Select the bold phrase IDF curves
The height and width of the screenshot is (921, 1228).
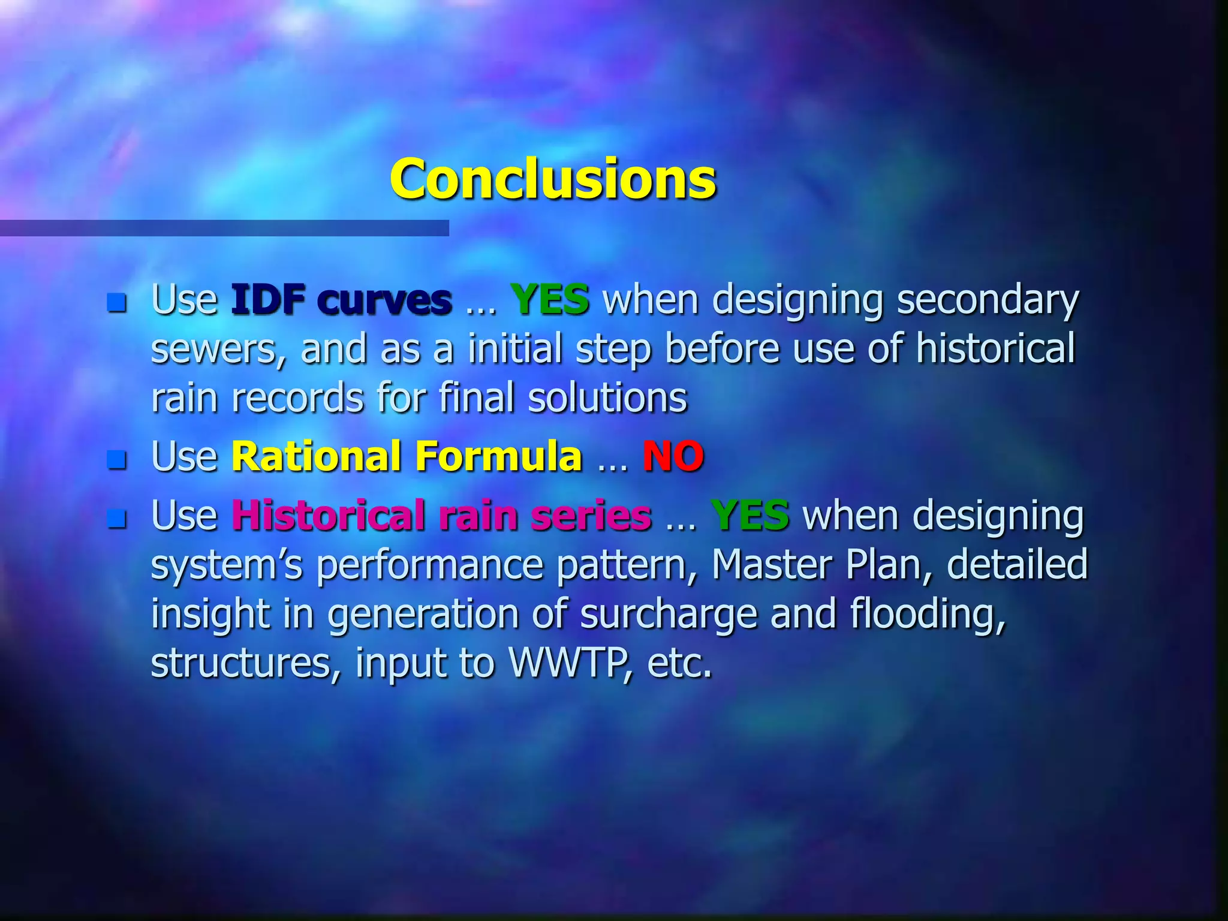coord(341,299)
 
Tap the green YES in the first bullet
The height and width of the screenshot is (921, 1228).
coord(549,299)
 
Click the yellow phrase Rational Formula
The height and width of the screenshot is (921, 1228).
coord(407,456)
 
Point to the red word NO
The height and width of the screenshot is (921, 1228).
coord(673,456)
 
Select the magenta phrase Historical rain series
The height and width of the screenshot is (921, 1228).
coord(441,516)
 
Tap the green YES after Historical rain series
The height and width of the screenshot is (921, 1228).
coord(750,516)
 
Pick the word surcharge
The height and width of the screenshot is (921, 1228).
coord(668,615)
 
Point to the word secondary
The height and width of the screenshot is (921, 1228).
coord(987,300)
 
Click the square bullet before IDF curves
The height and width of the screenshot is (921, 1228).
coord(117,303)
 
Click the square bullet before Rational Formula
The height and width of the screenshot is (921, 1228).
coord(117,460)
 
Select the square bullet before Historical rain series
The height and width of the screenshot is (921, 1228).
coord(117,519)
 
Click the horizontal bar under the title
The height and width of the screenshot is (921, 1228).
coord(224,228)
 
